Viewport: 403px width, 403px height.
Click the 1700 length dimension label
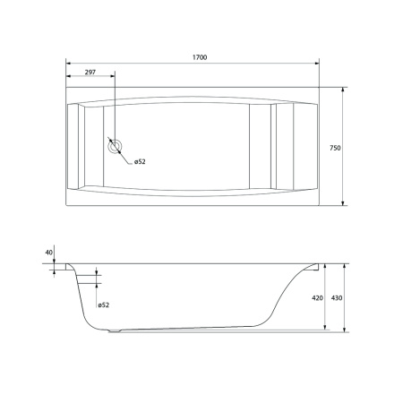[200, 57]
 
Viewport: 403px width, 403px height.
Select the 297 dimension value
[90, 72]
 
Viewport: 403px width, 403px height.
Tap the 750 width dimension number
[335, 148]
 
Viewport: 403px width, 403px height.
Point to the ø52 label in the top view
[140, 162]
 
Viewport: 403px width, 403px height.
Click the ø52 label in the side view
[104, 305]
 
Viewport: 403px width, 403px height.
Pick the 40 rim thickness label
[49, 253]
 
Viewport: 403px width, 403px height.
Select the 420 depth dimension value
[317, 298]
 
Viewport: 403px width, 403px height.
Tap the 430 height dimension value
[337, 298]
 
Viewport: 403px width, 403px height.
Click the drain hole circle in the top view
[115, 146]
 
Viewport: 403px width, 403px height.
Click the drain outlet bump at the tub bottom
[115, 330]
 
